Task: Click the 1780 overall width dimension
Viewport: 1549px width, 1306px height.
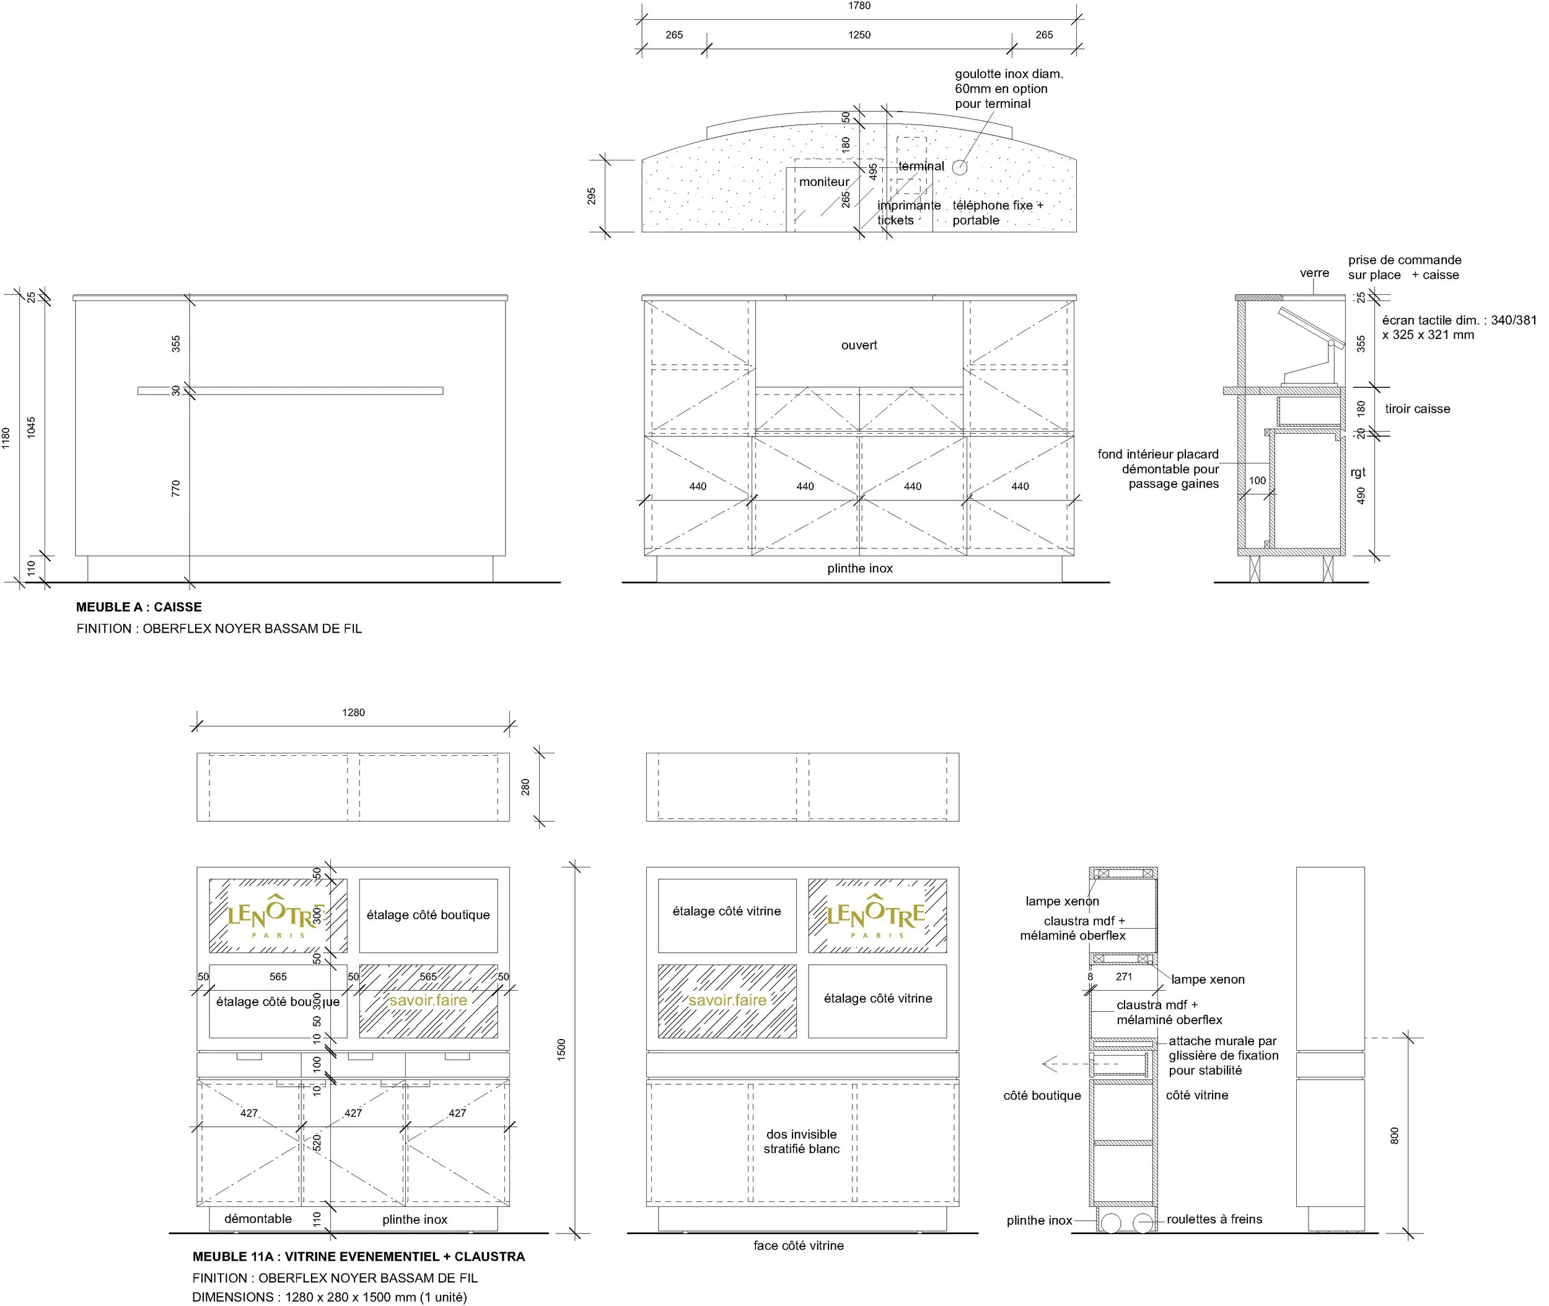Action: tap(859, 6)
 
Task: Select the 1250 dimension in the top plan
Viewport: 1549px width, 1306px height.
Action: tap(859, 35)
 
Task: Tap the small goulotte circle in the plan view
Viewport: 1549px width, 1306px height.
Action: tap(960, 167)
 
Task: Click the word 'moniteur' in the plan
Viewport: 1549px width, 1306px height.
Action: tap(824, 182)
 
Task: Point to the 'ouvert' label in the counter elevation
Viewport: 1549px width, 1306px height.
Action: tap(859, 345)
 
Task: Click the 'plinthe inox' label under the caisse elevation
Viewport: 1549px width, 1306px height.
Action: tap(859, 569)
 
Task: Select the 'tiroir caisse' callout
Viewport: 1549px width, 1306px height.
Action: tap(1417, 409)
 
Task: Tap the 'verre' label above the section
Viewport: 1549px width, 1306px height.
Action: tap(1314, 273)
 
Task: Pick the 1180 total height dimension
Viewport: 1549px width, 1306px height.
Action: tap(7, 437)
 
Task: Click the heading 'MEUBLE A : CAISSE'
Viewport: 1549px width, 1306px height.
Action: tap(138, 607)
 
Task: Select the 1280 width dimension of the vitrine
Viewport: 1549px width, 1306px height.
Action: tap(353, 713)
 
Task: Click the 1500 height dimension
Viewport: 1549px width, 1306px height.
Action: tap(561, 1048)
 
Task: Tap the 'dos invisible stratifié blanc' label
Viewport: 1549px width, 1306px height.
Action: tap(802, 1142)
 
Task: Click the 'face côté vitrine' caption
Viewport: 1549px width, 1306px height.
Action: tap(798, 1246)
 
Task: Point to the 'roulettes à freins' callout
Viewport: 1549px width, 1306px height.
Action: tap(1214, 1219)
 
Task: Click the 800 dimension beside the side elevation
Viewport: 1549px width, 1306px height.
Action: tap(1394, 1136)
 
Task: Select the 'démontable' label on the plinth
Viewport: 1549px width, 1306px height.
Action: tap(258, 1219)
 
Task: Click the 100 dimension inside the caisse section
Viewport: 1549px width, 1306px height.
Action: tap(1257, 481)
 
